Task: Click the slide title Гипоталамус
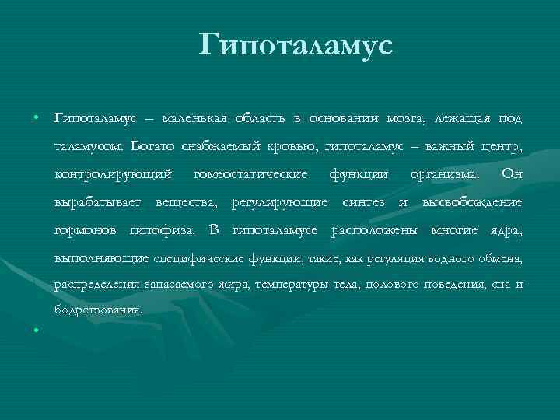[x=296, y=44]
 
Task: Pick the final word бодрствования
[x=99, y=310]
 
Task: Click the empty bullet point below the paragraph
[x=37, y=330]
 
